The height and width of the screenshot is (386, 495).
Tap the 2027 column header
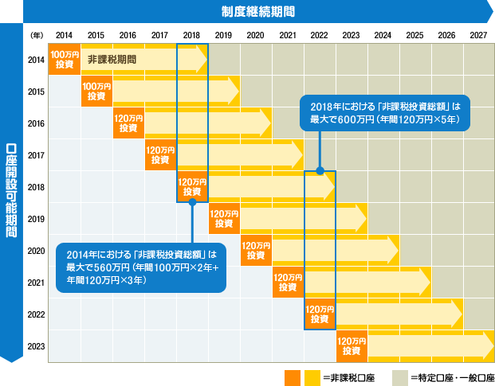pos(478,36)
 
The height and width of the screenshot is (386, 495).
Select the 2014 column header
pos(64,36)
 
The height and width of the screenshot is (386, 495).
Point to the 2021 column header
pos(287,36)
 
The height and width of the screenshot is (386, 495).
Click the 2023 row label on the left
pos(35,346)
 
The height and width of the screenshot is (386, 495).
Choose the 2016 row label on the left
pos(35,123)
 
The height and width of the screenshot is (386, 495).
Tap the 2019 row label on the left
pos(35,219)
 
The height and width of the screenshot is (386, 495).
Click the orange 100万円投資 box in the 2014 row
pos(65,60)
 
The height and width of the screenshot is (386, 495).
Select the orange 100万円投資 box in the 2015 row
pos(96,92)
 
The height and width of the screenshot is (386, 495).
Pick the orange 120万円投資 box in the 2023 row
pos(352,346)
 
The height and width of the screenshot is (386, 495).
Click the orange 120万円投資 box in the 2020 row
pos(256,251)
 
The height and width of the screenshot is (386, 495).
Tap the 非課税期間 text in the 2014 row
pos(112,60)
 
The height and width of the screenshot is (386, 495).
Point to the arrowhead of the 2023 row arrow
pos(486,346)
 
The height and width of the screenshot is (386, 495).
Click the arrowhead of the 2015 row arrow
pos(233,92)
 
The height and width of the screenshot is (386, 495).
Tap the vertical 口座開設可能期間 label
pos(11,191)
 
